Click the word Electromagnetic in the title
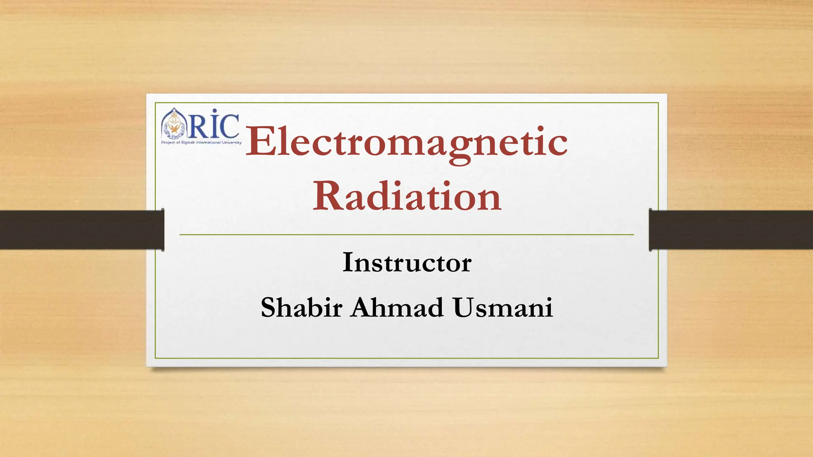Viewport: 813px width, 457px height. tap(406, 142)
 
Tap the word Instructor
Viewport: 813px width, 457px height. tap(406, 263)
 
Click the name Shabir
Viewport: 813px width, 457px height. tap(301, 307)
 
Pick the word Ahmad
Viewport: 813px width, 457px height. tap(397, 307)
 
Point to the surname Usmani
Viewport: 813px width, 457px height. tap(503, 307)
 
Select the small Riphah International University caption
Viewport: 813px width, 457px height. tap(201, 142)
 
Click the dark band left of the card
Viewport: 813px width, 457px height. tap(79, 230)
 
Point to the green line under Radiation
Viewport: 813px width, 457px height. tap(406, 235)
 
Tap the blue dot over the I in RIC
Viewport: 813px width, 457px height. tap(214, 111)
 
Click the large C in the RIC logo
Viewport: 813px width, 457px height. tap(230, 126)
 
